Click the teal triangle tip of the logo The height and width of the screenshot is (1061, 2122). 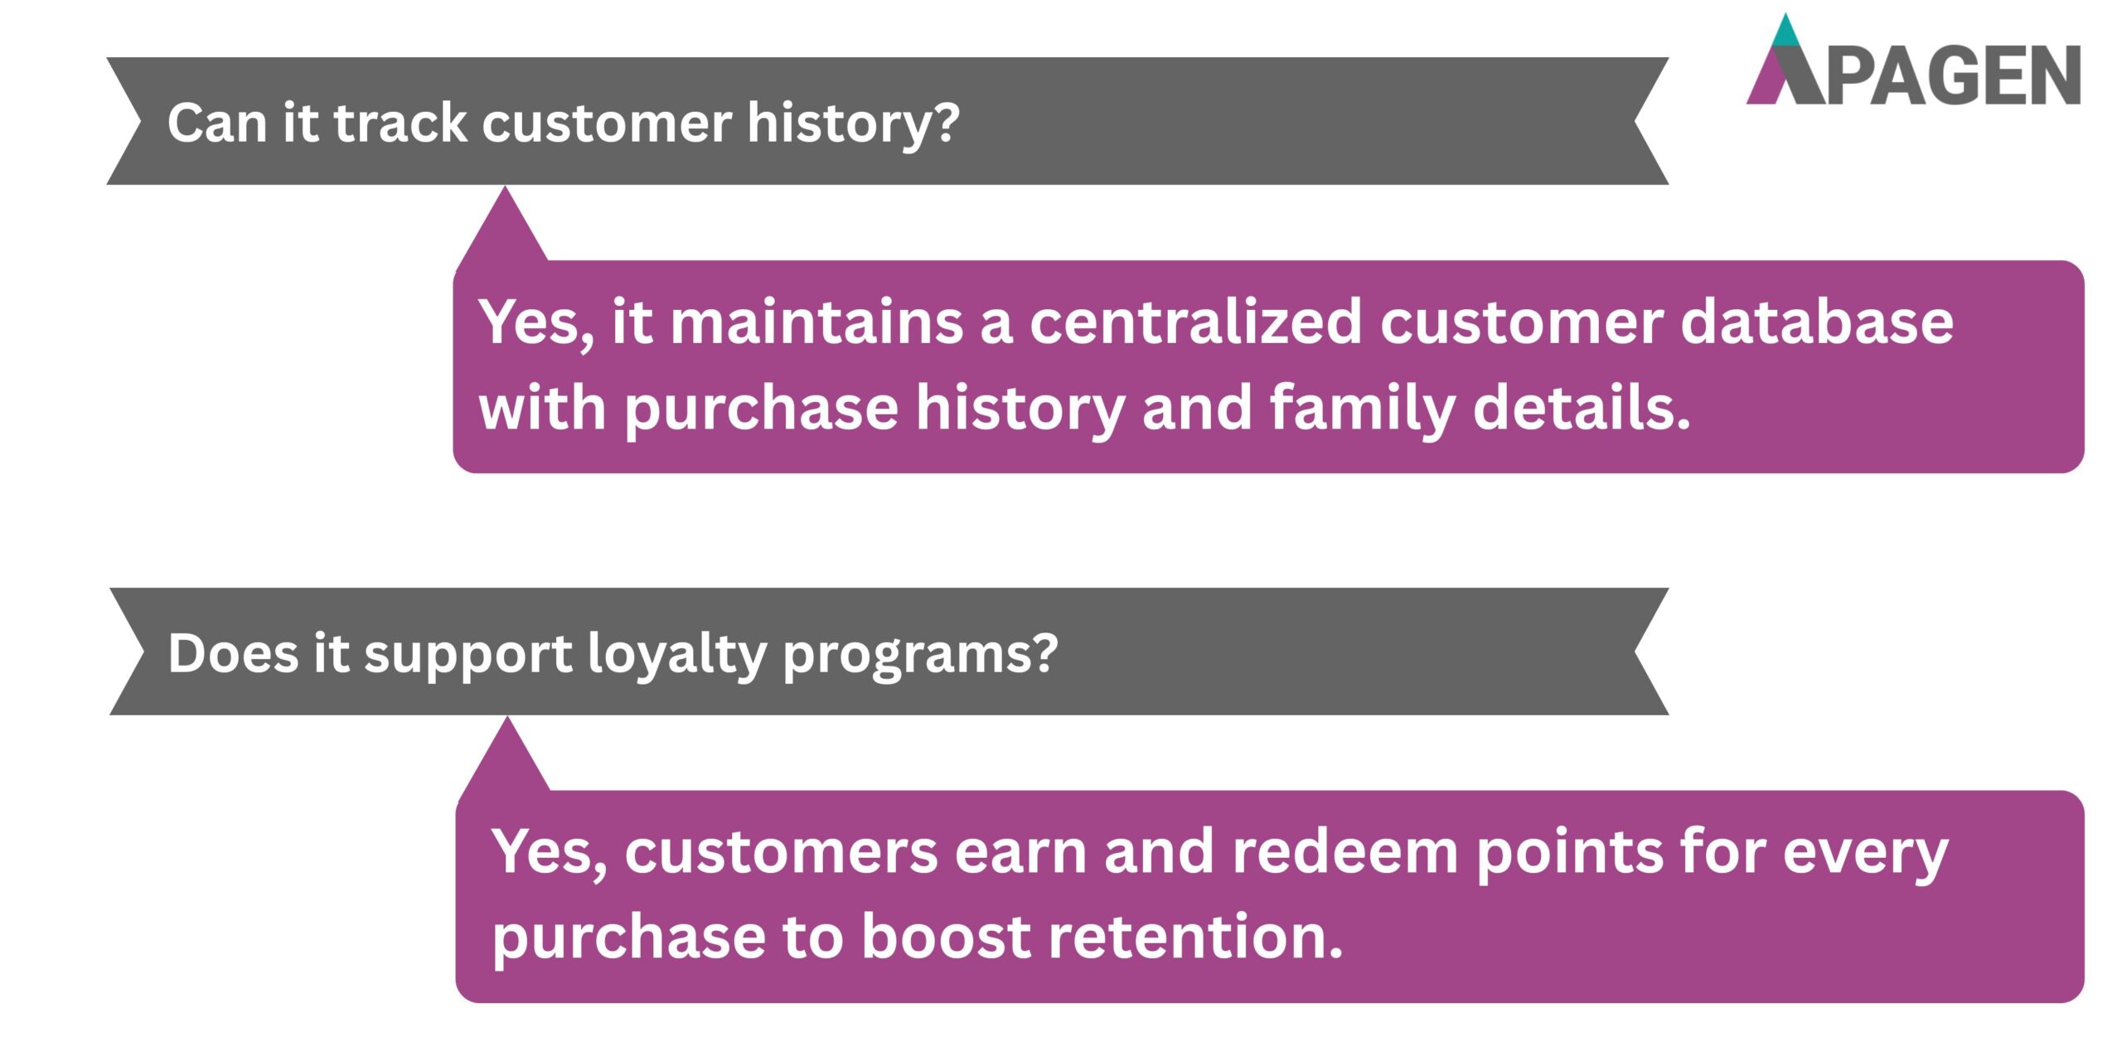point(1787,33)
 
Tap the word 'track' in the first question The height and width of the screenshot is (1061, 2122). point(400,123)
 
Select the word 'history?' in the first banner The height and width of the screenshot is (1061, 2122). point(853,123)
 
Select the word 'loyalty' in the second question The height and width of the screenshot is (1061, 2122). point(676,653)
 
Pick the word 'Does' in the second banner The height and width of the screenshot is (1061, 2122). point(232,653)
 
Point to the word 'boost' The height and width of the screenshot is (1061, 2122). point(946,937)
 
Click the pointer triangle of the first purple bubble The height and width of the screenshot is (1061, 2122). point(504,232)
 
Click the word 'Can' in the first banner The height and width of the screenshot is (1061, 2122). point(216,123)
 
